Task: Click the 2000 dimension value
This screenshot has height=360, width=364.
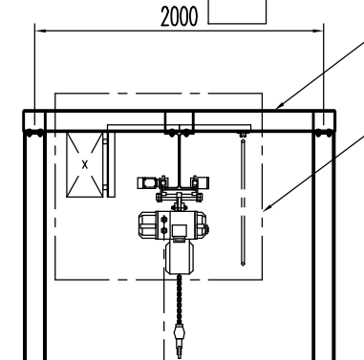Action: (x=180, y=16)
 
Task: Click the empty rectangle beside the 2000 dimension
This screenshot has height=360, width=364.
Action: (x=237, y=23)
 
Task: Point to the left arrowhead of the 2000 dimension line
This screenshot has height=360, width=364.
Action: (x=40, y=31)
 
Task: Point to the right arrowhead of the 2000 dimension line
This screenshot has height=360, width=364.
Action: (x=318, y=31)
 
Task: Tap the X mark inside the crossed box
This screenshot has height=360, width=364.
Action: (x=85, y=165)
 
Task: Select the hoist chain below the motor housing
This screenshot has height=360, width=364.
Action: (x=180, y=299)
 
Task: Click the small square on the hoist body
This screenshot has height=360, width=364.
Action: (x=180, y=230)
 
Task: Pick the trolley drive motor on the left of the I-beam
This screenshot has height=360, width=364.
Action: (x=148, y=182)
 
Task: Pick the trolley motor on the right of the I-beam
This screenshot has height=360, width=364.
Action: (x=201, y=182)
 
